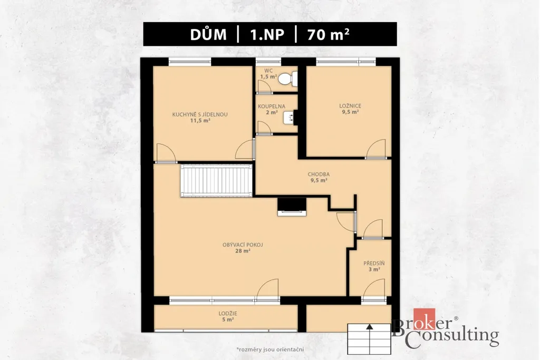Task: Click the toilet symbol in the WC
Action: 287,79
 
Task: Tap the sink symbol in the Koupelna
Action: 288,117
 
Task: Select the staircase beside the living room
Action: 216,181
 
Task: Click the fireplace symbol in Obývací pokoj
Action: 292,207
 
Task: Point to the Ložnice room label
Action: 350,106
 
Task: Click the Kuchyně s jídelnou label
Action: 200,114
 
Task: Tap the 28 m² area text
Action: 243,251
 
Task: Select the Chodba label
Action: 319,174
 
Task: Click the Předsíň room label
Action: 374,264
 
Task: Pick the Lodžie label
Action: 228,314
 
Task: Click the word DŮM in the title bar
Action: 208,34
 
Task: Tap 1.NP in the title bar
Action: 267,35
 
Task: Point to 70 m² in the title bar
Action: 328,34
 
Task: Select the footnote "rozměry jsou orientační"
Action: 271,349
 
